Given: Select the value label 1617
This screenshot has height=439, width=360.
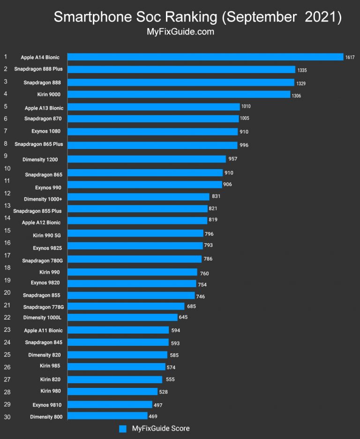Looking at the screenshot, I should click(x=350, y=58).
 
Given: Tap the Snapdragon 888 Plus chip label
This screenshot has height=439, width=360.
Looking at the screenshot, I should click(x=38, y=69).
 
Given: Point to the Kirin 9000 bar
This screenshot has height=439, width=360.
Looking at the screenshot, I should click(x=179, y=95).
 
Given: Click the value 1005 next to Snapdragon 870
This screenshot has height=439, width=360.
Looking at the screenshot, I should click(x=246, y=119).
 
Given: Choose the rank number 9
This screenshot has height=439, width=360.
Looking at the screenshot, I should click(x=6, y=156).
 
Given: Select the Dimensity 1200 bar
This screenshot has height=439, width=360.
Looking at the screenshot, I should click(x=147, y=159).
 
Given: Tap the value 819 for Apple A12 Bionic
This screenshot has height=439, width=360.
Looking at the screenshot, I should click(x=213, y=220).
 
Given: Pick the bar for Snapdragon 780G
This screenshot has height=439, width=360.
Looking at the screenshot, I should click(x=135, y=259).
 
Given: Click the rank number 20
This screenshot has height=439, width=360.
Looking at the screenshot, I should click(x=7, y=292).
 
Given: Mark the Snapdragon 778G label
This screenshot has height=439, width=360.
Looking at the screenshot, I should click(x=44, y=307).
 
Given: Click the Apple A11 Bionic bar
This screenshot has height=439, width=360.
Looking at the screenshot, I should click(x=118, y=330).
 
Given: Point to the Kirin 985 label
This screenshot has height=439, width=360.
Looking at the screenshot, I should click(x=50, y=365).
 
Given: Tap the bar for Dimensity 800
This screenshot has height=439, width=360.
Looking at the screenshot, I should click(x=108, y=416).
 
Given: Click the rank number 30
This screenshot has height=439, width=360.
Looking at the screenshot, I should click(x=7, y=417).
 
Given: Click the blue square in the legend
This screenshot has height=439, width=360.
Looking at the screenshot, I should click(x=123, y=429).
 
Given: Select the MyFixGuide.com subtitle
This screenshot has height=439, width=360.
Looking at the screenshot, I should click(x=180, y=32).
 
